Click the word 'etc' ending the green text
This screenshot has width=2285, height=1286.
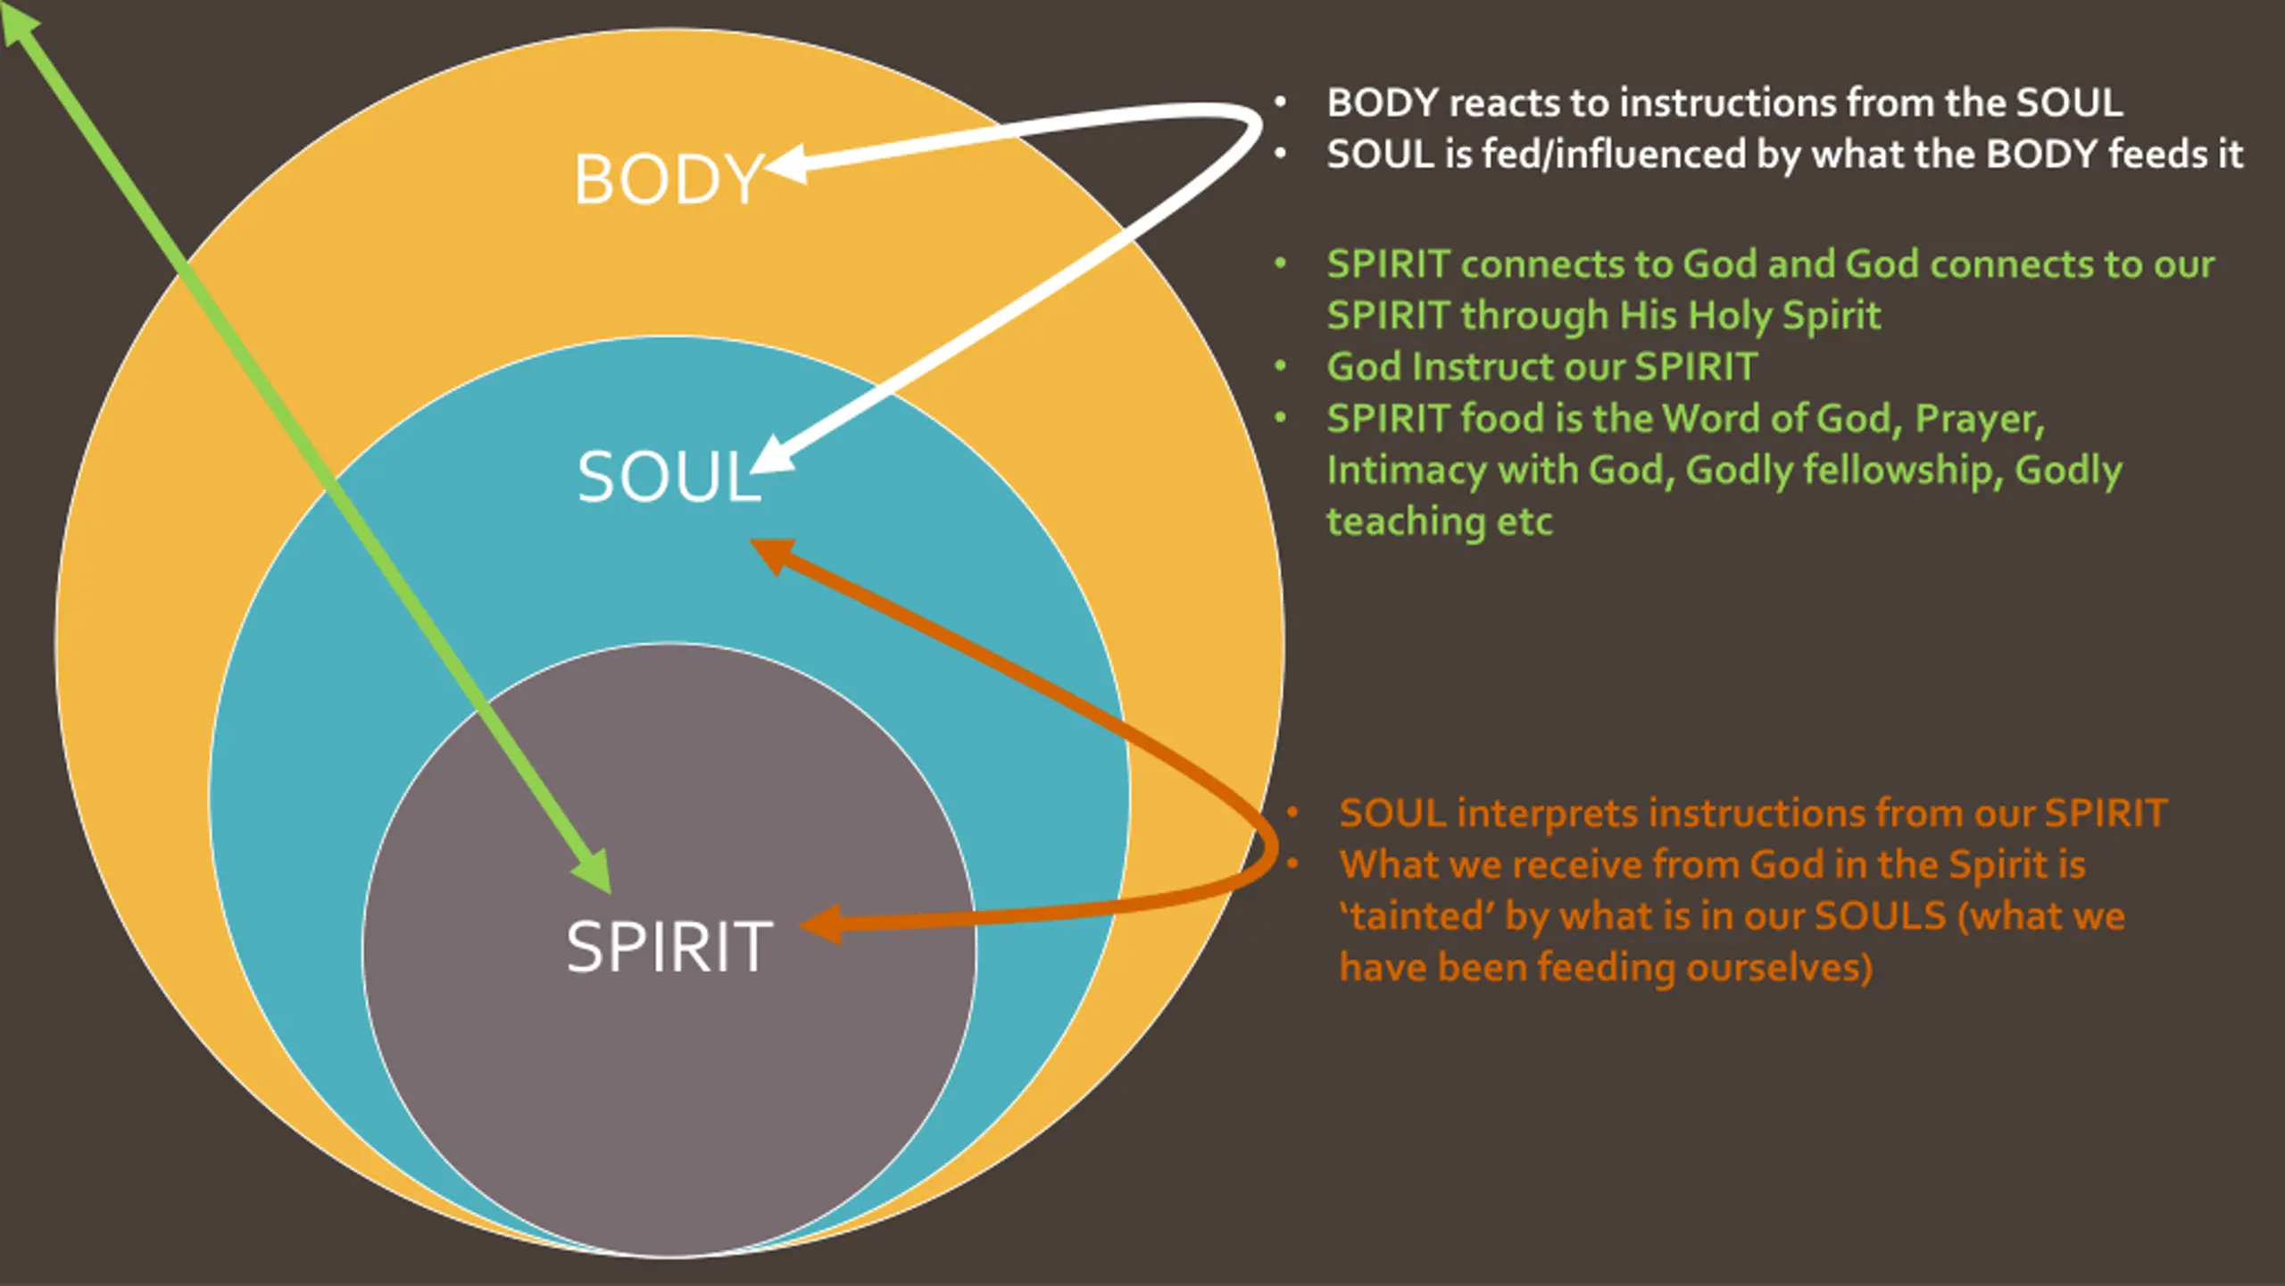point(1525,522)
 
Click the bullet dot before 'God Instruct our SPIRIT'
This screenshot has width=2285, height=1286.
point(1281,366)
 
